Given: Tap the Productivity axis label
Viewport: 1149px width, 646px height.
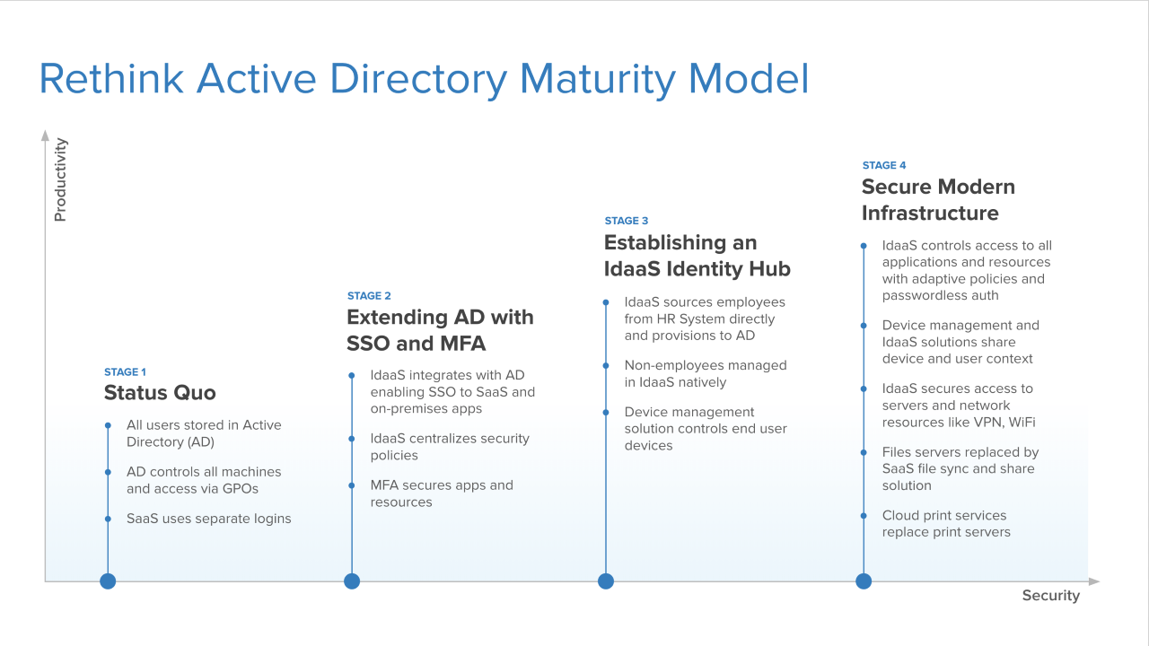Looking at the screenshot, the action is click(60, 179).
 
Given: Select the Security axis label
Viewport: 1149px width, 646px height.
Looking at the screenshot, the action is click(1051, 595).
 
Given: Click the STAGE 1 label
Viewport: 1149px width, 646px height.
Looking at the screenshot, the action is click(125, 371).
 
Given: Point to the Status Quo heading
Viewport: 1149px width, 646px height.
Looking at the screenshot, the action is click(160, 393).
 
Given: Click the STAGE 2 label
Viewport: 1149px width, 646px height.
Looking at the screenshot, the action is click(369, 296).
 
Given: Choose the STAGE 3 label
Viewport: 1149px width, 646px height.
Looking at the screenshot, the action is click(627, 221).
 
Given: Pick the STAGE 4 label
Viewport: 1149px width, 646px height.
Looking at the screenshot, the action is click(884, 165).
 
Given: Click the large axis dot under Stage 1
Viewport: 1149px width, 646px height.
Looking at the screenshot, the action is click(108, 581).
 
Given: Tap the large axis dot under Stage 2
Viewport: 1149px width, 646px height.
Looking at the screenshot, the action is click(352, 581).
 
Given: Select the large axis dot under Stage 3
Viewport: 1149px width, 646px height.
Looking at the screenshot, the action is click(606, 581).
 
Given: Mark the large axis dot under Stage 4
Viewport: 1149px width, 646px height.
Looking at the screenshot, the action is click(864, 581).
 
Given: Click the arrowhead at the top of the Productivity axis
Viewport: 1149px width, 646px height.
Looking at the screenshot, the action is click(45, 135).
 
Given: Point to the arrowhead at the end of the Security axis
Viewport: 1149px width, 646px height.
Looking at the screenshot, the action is click(1094, 581).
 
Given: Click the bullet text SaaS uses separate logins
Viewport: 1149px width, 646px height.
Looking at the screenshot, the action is click(209, 519).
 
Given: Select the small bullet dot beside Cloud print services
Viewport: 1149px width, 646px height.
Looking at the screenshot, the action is click(864, 516).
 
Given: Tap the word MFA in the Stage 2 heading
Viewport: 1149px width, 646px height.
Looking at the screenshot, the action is click(462, 344).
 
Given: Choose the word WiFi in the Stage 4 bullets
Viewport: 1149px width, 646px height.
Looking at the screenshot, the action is click(1022, 423).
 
